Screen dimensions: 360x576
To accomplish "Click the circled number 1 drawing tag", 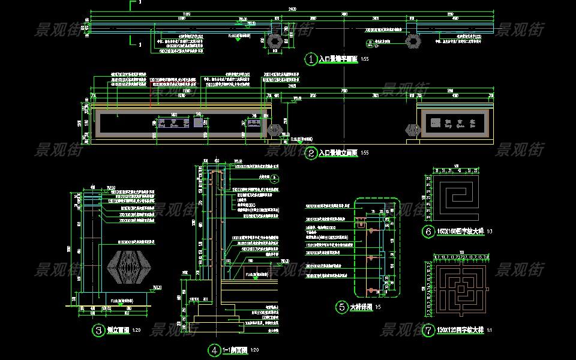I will tap(311, 59).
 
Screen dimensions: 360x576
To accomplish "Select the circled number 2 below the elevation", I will tap(311, 154).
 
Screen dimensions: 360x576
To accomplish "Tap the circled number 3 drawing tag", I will tap(98, 329).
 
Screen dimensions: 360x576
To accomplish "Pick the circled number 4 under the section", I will tap(214, 350).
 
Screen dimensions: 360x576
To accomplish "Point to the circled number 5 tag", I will tap(341, 307).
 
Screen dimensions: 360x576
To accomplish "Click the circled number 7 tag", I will tap(428, 331).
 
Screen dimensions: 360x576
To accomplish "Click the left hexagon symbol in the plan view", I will tap(275, 41).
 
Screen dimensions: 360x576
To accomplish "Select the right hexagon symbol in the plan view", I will tap(413, 41).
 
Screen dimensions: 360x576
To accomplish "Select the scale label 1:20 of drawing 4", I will tap(254, 350).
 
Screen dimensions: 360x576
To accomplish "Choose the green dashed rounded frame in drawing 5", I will tap(376, 248).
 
